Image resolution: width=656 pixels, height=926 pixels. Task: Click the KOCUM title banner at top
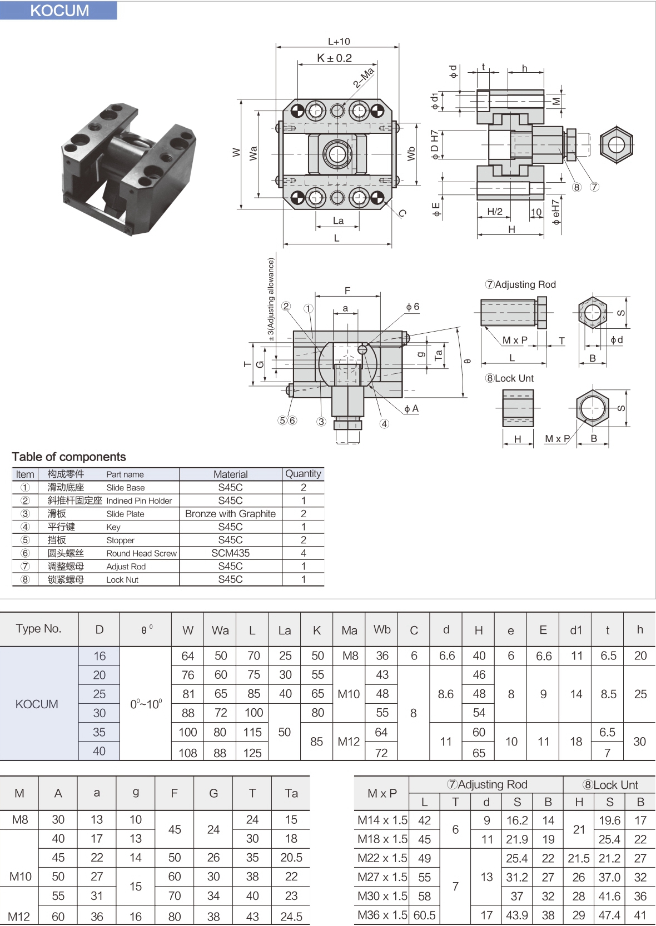point(59,11)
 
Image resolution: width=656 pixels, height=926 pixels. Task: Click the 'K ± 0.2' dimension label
point(334,58)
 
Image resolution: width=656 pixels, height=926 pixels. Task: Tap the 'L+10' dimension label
point(339,41)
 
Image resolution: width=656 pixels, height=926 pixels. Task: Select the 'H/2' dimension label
point(495,211)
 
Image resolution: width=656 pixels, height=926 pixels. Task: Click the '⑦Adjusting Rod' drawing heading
point(520,284)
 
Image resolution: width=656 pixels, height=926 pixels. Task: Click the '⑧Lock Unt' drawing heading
point(509,378)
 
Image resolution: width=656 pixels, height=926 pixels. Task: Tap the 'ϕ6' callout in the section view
point(413,307)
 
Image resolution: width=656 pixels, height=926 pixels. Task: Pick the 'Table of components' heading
point(69,457)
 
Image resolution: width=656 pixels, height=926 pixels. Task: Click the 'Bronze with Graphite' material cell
point(230,514)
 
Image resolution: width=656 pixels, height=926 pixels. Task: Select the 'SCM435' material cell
point(230,553)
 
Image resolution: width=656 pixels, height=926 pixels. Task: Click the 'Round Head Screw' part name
point(141,553)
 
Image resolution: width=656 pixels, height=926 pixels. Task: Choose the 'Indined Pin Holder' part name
point(139,500)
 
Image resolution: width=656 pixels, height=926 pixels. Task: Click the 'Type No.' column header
point(38,628)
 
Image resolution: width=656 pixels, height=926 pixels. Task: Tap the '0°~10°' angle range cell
point(146,704)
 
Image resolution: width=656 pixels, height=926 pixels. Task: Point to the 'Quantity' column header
point(303,474)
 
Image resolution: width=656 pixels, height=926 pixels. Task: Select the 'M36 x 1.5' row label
point(382,915)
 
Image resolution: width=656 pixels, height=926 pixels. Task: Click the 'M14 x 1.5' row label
point(382,820)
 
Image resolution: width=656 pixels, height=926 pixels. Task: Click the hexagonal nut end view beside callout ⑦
point(617,144)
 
